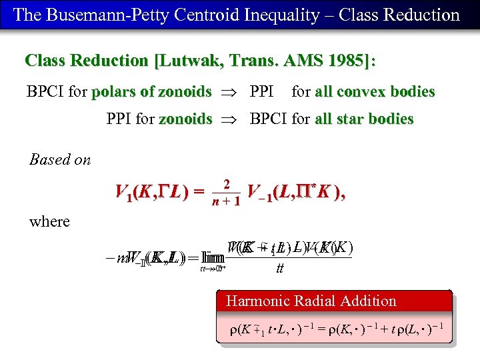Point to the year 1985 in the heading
pyautogui.click(x=339, y=61)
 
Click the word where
pyautogui.click(x=49, y=221)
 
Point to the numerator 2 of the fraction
pyautogui.click(x=227, y=184)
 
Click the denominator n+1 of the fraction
pyautogui.click(x=226, y=201)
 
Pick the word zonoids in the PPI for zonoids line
pyautogui.click(x=185, y=119)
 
